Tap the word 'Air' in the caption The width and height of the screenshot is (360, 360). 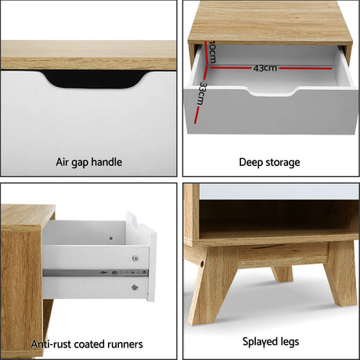[64, 163]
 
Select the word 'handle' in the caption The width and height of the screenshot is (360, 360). [106, 163]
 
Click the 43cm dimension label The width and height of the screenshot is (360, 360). [264, 68]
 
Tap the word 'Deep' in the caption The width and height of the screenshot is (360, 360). [251, 163]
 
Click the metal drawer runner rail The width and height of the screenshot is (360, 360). [94, 272]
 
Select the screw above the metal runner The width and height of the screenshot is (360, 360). [135, 257]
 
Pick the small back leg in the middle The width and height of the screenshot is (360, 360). [283, 273]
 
